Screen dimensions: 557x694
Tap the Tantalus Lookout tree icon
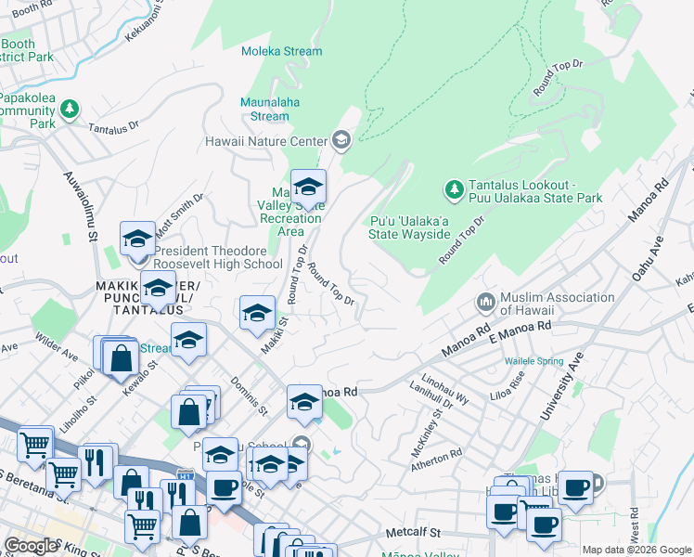tap(454, 190)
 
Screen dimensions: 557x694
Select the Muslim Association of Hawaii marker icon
tap(485, 304)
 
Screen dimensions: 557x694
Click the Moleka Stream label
tap(281, 52)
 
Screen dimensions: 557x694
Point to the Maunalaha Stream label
tap(270, 109)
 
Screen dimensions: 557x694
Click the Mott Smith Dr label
tap(180, 216)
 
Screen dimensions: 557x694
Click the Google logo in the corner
tap(31, 546)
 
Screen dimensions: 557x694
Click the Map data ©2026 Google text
tap(636, 550)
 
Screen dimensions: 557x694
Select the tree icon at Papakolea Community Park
tap(70, 110)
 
